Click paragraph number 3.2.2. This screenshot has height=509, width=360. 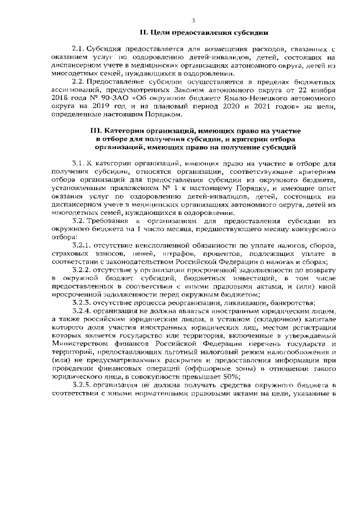click(x=83, y=270)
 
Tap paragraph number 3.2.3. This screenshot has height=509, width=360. click(x=83, y=303)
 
